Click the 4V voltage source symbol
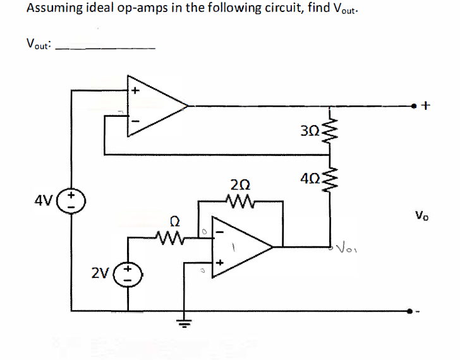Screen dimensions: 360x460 (x=71, y=203)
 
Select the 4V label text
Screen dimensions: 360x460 (x=48, y=204)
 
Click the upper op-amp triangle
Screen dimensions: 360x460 (x=155, y=104)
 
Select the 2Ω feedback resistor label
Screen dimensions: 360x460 (x=239, y=184)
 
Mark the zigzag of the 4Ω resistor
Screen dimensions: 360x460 (x=329, y=179)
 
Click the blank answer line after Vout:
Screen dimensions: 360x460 (x=106, y=47)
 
